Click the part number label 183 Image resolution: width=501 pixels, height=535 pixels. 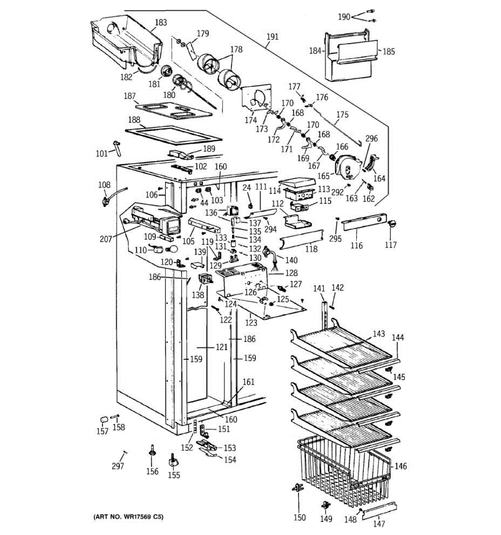pyautogui.click(x=161, y=23)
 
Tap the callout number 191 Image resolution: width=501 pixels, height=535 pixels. pyautogui.click(x=273, y=37)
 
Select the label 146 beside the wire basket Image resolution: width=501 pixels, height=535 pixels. pyautogui.click(x=400, y=466)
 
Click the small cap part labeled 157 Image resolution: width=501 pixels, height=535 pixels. pyautogui.click(x=103, y=420)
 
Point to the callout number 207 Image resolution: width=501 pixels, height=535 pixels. pyautogui.click(x=106, y=239)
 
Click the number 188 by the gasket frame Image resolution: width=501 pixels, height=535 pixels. pyautogui.click(x=134, y=120)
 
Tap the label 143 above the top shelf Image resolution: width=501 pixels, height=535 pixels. pyautogui.click(x=379, y=334)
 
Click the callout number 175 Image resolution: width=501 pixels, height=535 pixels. pyautogui.click(x=342, y=115)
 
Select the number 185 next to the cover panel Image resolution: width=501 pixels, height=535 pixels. pyautogui.click(x=388, y=51)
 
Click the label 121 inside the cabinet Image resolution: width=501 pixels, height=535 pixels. pyautogui.click(x=222, y=347)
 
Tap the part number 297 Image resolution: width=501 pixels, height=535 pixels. pyautogui.click(x=118, y=466)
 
